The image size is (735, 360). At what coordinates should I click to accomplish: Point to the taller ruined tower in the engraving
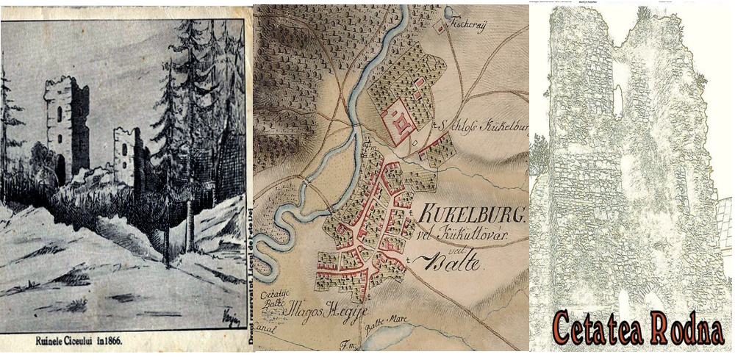(x=67, y=125)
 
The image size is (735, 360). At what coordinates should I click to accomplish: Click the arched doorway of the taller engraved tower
(x=60, y=168)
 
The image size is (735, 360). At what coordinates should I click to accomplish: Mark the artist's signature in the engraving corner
(x=227, y=317)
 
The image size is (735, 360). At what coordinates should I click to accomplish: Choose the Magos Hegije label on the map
(x=323, y=308)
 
